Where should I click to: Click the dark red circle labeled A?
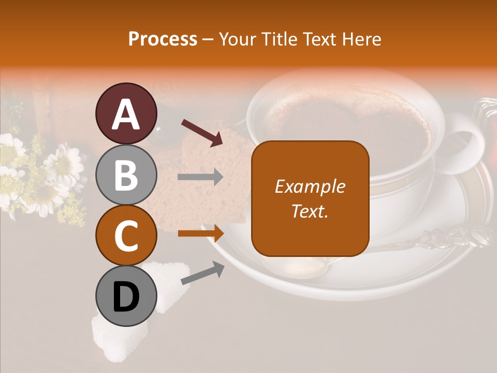126,113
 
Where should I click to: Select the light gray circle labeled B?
126,175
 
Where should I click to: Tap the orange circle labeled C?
126,235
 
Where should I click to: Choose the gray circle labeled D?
126,296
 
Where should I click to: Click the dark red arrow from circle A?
202,133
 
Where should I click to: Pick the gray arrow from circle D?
202,273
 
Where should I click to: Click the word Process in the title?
163,39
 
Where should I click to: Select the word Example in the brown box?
310,187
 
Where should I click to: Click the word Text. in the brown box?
310,211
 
